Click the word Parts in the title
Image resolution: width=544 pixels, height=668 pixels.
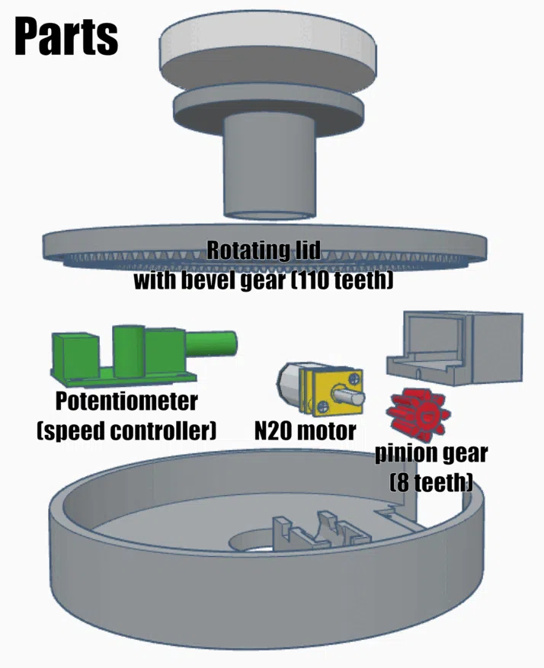[66, 37]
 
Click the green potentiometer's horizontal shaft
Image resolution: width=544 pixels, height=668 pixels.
[210, 344]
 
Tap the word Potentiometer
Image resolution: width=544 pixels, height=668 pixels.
[126, 401]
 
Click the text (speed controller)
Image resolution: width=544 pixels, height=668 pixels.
[126, 431]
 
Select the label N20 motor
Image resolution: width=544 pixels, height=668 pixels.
[305, 431]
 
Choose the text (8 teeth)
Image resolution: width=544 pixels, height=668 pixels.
[431, 483]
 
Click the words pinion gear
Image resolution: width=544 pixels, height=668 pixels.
[431, 455]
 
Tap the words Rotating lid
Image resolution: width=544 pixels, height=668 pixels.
[264, 251]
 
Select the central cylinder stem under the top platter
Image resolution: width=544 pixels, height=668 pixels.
[270, 167]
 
